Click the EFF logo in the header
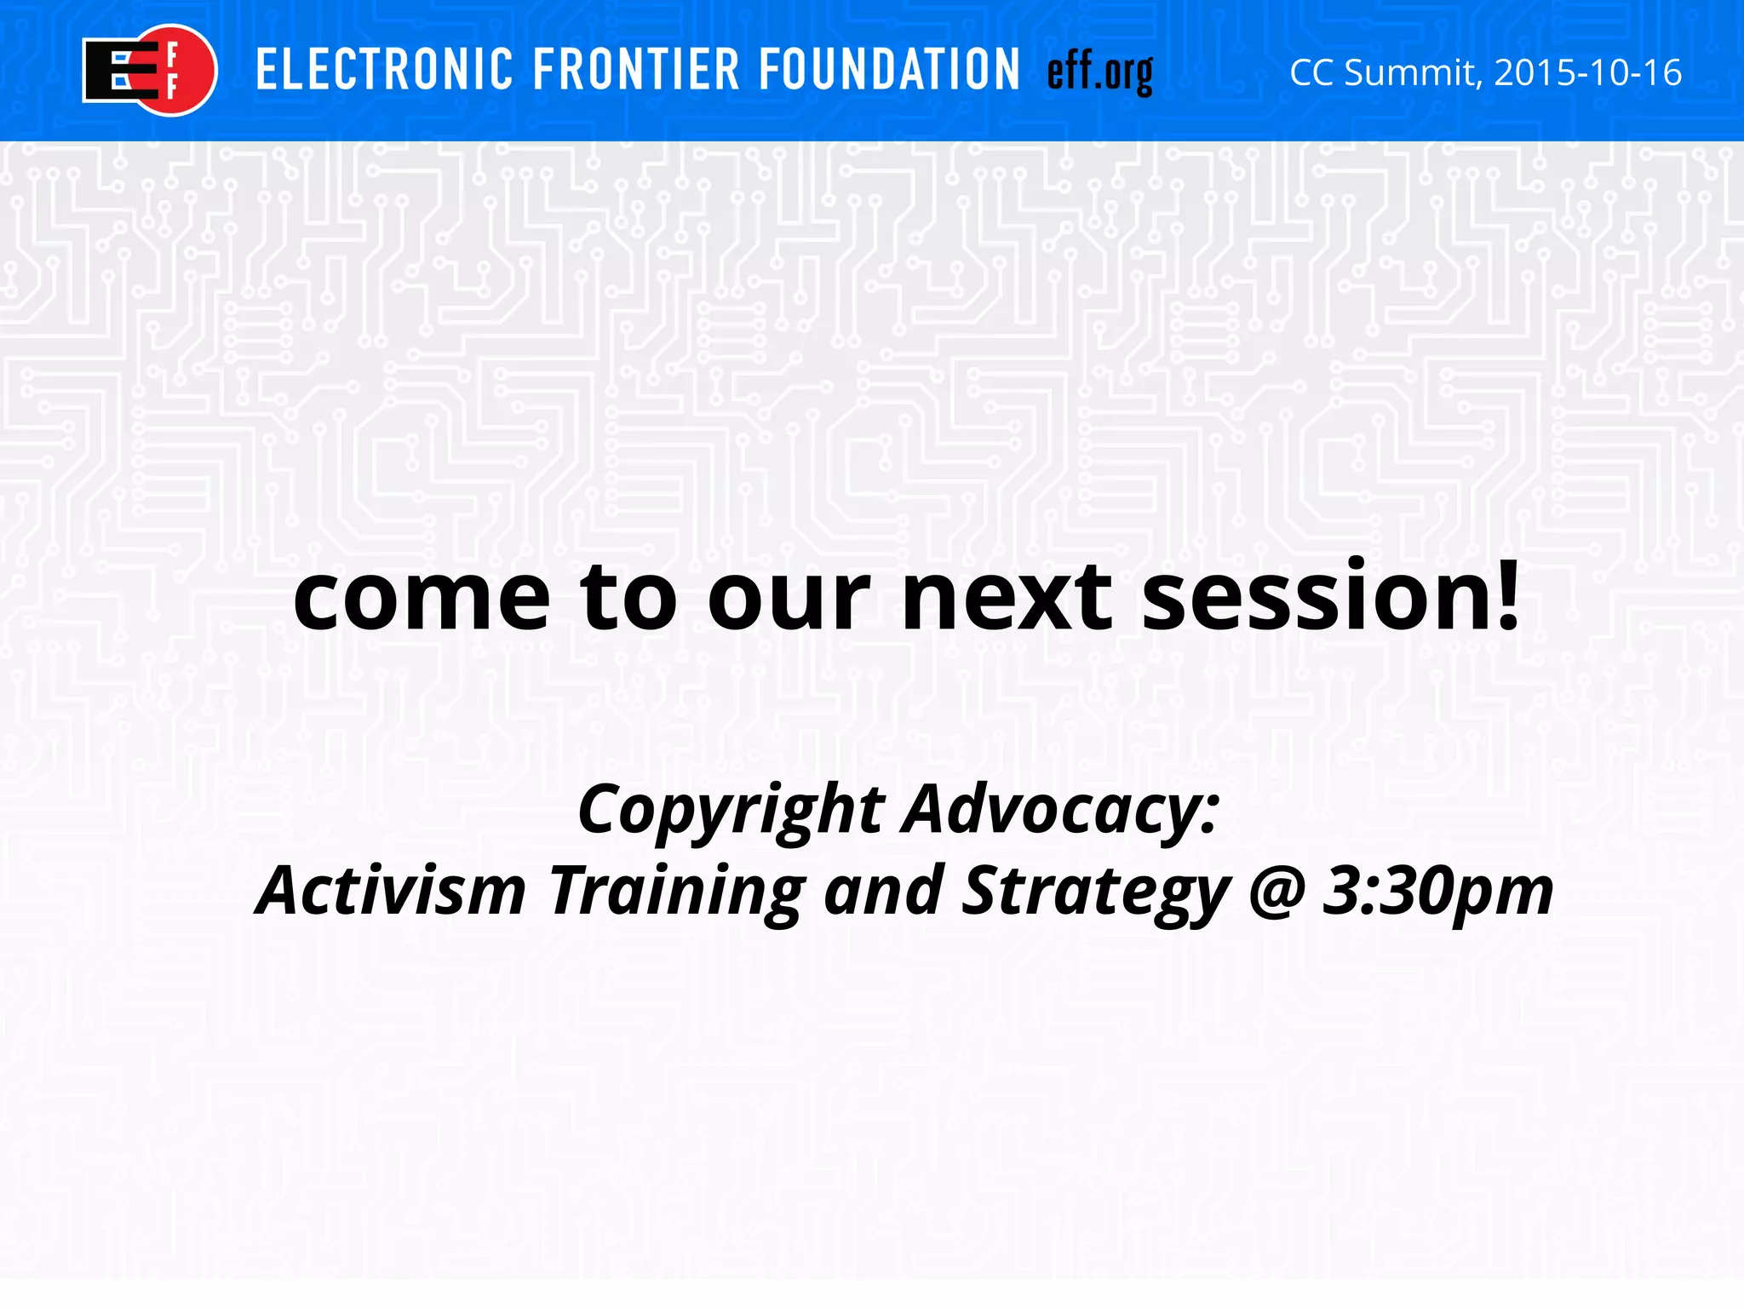tap(149, 70)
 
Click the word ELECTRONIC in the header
tap(385, 70)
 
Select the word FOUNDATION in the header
tap(888, 70)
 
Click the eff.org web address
tap(1099, 73)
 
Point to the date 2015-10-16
tap(1588, 73)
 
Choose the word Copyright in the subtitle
tap(731, 811)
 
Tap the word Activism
tap(391, 891)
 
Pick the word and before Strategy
tap(884, 891)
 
